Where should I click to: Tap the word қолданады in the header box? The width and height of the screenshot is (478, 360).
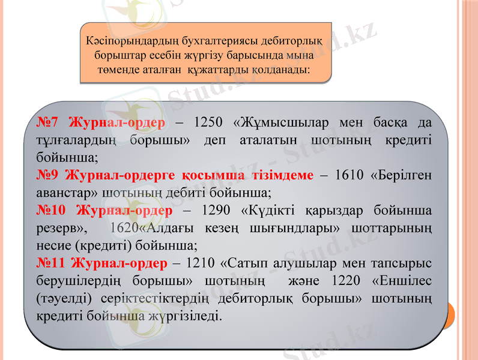[280, 70]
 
